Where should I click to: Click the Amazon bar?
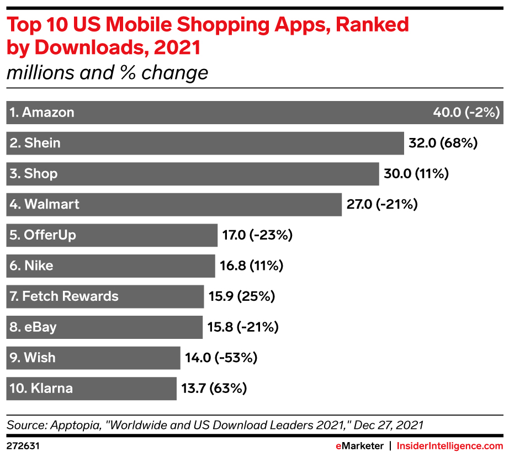pos(254,113)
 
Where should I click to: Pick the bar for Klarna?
pos(91,388)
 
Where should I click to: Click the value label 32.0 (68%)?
pos(442,143)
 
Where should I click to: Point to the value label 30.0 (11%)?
pos(416,174)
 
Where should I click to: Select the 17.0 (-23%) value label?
pos(257,235)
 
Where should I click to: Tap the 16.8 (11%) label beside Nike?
pos(251,265)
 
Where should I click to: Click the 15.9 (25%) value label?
pos(241,296)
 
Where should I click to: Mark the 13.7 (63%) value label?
pos(214,388)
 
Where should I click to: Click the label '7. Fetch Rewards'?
pos(63,296)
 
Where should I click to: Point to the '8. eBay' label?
pos(33,327)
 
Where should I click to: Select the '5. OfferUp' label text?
pos(43,235)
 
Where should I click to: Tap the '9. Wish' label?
pos(33,358)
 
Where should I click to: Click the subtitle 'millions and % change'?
pos(108,73)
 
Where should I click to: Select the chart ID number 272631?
pos(22,445)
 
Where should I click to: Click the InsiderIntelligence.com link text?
pos(450,445)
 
